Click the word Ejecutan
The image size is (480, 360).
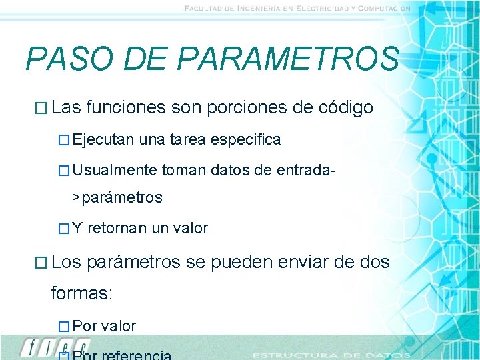click(104, 140)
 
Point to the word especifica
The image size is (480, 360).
click(245, 140)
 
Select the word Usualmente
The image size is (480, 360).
click(115, 170)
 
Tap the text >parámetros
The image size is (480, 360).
click(117, 198)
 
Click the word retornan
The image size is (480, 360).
click(117, 229)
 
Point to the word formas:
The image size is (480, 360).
click(82, 293)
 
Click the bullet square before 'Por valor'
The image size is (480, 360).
click(63, 327)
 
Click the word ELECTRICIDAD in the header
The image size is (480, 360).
click(313, 9)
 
